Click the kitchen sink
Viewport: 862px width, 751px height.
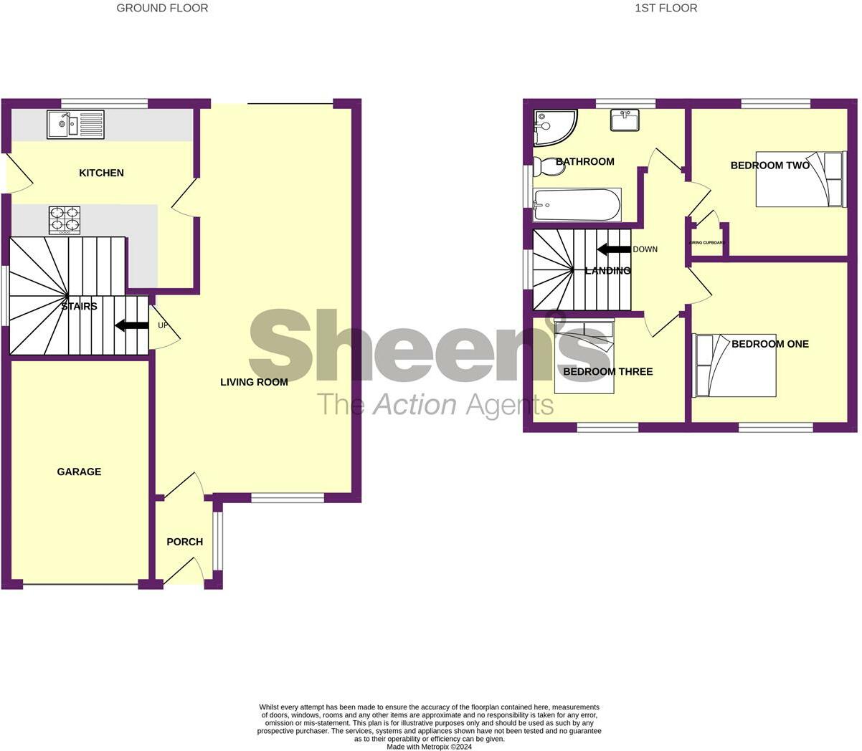pos(75,124)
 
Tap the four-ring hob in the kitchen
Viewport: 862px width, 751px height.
pos(64,220)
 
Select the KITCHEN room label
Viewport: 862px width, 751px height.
pos(101,173)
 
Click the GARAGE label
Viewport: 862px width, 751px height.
pos(79,472)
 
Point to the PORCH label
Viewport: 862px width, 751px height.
pos(184,542)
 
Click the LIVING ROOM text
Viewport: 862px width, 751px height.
pos(254,382)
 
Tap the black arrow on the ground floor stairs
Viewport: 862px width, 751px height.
pos(131,325)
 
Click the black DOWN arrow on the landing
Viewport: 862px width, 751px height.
pos(613,249)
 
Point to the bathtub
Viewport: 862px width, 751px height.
pos(577,205)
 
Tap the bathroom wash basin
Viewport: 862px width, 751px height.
pos(625,120)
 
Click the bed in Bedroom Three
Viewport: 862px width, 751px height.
pos(584,356)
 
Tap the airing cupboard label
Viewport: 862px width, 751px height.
pos(707,243)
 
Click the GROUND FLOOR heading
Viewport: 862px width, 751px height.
pos(162,8)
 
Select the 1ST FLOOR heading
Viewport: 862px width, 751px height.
pos(666,8)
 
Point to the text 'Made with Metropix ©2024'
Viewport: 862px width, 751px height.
pos(430,746)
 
